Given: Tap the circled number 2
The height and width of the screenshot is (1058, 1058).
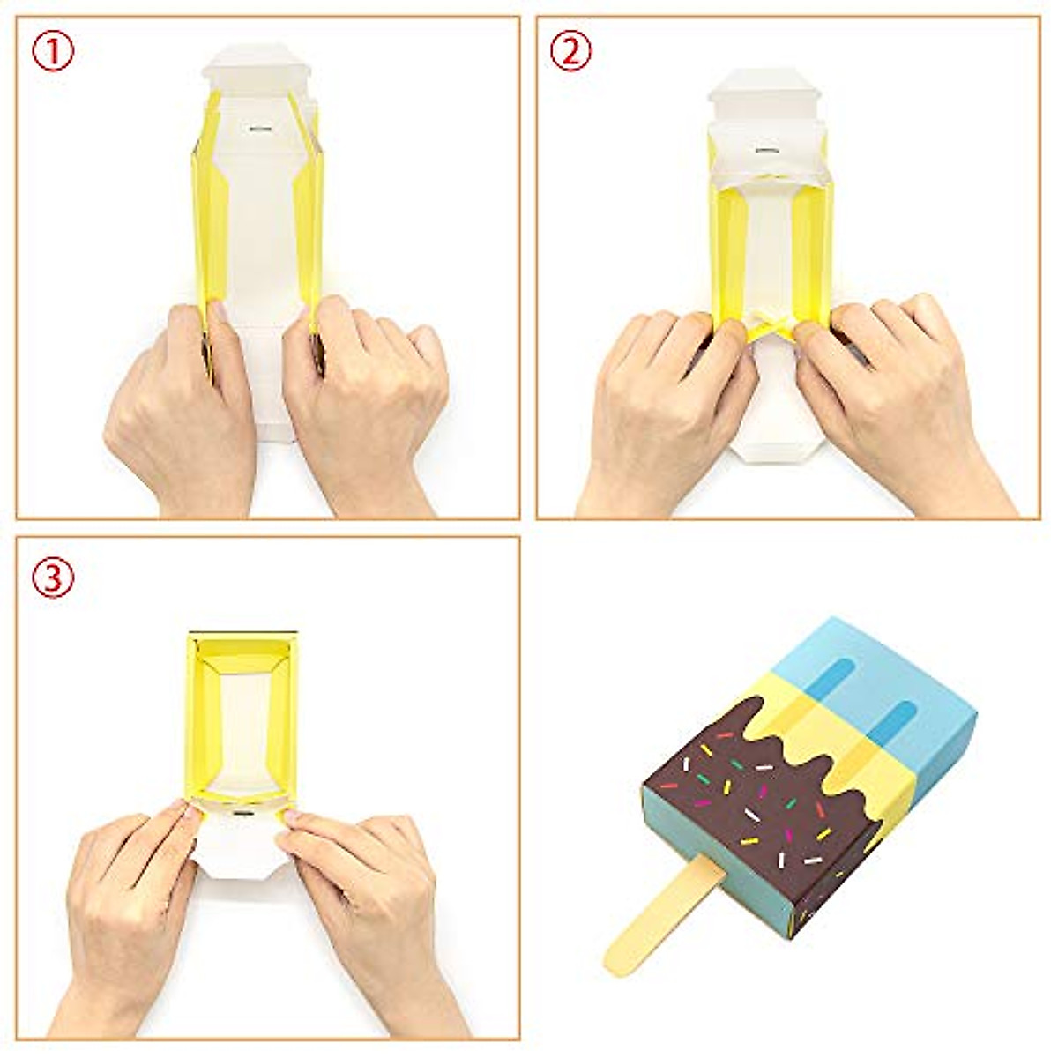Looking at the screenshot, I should [570, 54].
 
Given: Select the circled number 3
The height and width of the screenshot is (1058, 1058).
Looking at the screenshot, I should [54, 577].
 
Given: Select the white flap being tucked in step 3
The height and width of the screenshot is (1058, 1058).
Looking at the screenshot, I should [238, 846].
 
